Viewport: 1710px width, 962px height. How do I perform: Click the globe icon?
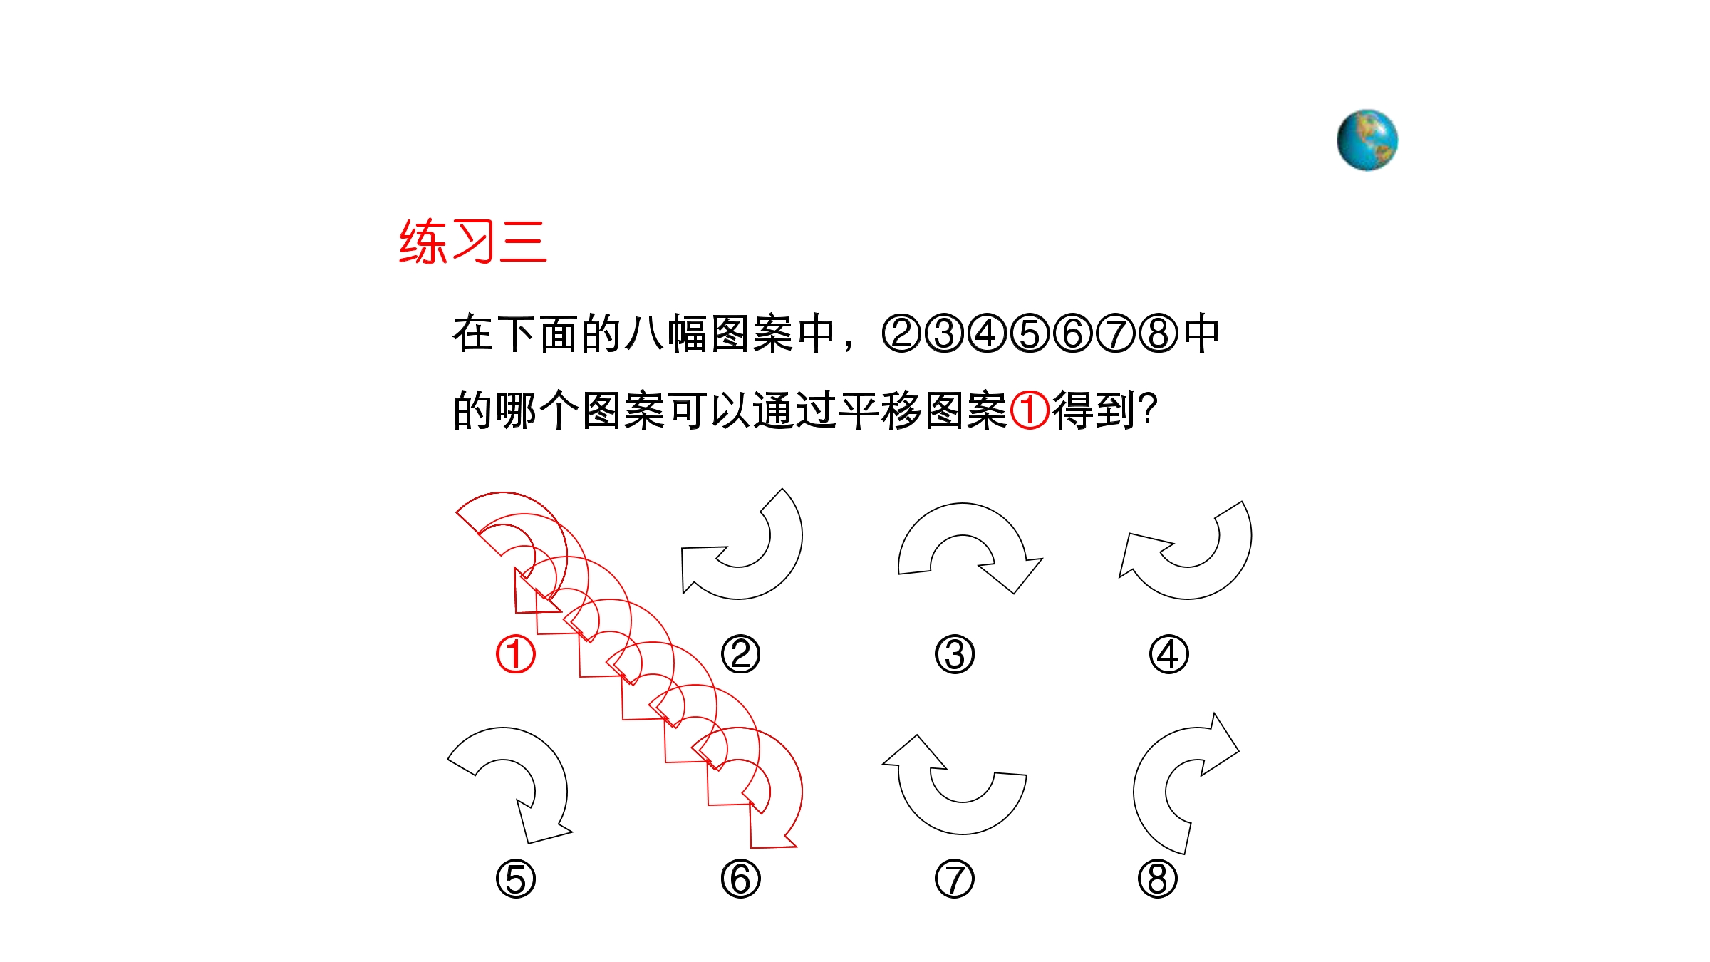click(x=1367, y=140)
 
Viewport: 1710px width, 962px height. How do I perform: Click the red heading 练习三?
click(x=473, y=242)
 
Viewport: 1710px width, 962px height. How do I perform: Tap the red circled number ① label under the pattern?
click(x=515, y=654)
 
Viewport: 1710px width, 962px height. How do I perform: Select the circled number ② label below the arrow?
click(x=740, y=654)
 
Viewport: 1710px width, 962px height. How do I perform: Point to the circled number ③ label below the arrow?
click(x=955, y=654)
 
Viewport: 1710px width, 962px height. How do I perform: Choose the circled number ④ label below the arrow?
click(x=1168, y=654)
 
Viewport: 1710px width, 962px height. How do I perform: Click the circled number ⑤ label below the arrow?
click(x=515, y=879)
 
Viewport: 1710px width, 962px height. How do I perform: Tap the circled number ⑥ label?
click(x=740, y=879)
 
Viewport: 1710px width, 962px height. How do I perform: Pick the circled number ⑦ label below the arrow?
click(x=955, y=879)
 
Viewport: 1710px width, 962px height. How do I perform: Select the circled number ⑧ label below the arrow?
click(x=1158, y=879)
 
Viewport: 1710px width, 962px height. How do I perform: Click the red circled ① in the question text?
click(x=1030, y=410)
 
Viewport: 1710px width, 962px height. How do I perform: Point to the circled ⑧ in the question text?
click(x=1159, y=333)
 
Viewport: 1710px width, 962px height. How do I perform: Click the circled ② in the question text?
click(x=902, y=333)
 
